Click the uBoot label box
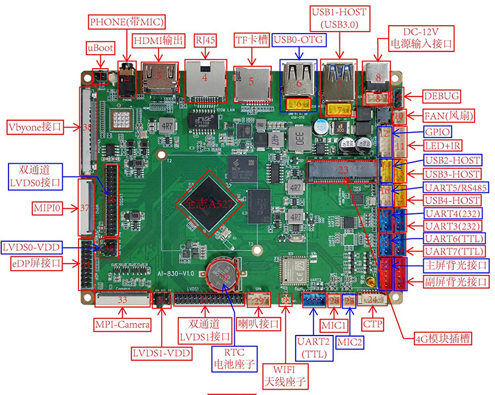[100, 48]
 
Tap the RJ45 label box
[204, 40]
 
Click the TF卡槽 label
[252, 40]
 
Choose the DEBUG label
[442, 95]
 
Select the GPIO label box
[438, 131]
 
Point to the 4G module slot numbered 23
[342, 170]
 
